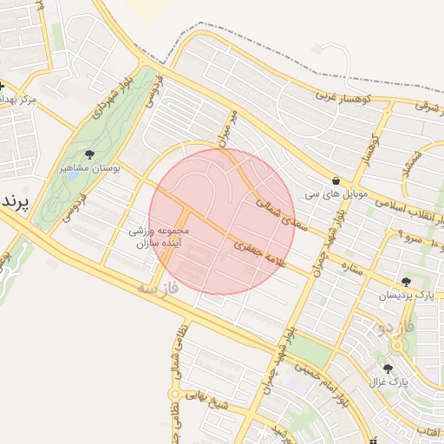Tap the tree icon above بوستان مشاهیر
[x=89, y=154]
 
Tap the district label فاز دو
[x=391, y=328]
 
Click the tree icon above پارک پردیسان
[x=406, y=281]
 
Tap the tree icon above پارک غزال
[x=388, y=369]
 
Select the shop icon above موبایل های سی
[x=336, y=170]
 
